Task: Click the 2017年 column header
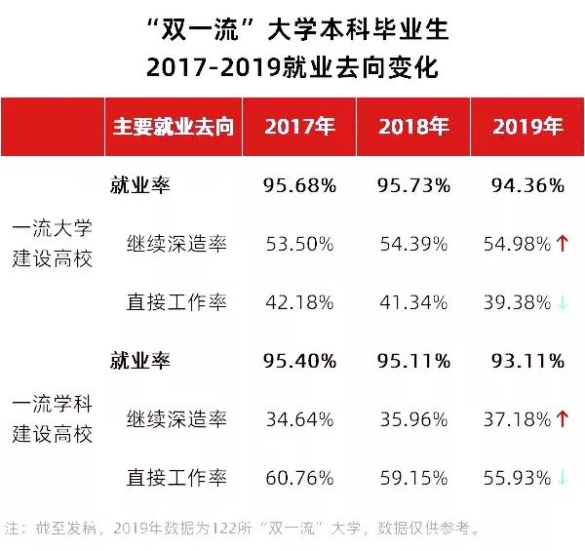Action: (x=299, y=128)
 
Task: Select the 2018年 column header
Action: (x=413, y=128)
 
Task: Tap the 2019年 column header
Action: (x=527, y=128)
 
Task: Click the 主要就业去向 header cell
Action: (x=174, y=128)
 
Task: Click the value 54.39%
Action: (x=413, y=244)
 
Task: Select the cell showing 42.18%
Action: (x=299, y=302)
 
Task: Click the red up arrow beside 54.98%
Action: (x=563, y=244)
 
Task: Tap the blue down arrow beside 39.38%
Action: (x=563, y=302)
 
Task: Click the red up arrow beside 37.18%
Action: (x=563, y=419)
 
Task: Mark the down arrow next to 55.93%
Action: (x=563, y=478)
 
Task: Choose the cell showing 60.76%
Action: (x=299, y=478)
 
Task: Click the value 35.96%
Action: (x=413, y=419)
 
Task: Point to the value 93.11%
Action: (x=527, y=361)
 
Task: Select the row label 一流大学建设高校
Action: (x=52, y=244)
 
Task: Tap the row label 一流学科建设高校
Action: (x=52, y=419)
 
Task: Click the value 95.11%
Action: (x=413, y=361)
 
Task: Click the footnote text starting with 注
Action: (x=243, y=530)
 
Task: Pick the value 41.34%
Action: (x=413, y=302)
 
